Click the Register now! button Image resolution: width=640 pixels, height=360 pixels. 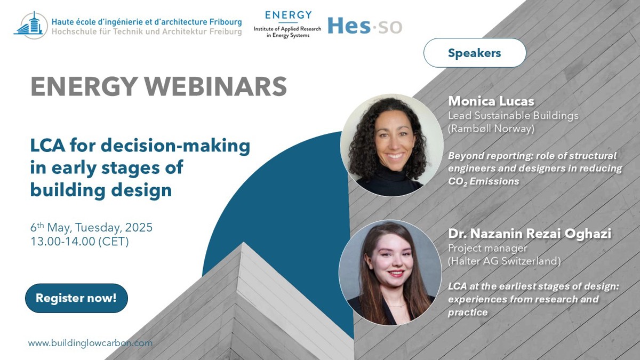(x=76, y=298)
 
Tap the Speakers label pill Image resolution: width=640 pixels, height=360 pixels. (x=475, y=53)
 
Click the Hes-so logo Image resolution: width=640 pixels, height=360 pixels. (x=365, y=26)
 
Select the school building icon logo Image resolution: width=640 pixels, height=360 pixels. (x=31, y=25)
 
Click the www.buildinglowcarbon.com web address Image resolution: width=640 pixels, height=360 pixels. (x=90, y=343)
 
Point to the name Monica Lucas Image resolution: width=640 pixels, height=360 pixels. (x=491, y=101)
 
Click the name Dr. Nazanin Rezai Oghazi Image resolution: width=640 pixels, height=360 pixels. (x=530, y=234)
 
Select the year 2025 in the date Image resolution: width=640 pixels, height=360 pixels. (x=139, y=227)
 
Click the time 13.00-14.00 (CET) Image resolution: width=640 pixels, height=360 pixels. (x=79, y=242)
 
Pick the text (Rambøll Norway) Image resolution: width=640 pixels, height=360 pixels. (x=491, y=129)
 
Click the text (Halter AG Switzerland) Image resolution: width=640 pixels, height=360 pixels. (x=505, y=261)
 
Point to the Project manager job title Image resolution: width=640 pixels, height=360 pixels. (x=487, y=249)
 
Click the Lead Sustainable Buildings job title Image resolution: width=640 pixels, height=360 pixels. (x=514, y=116)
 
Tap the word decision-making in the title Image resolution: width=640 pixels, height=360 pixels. (x=175, y=146)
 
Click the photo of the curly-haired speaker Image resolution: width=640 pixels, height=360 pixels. (x=391, y=145)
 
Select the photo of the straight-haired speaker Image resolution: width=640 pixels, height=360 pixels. (x=390, y=273)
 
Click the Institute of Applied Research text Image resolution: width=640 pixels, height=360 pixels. (x=287, y=29)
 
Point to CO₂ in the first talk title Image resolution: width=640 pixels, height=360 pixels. (x=458, y=181)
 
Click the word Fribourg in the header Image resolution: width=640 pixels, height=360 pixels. (x=226, y=22)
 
